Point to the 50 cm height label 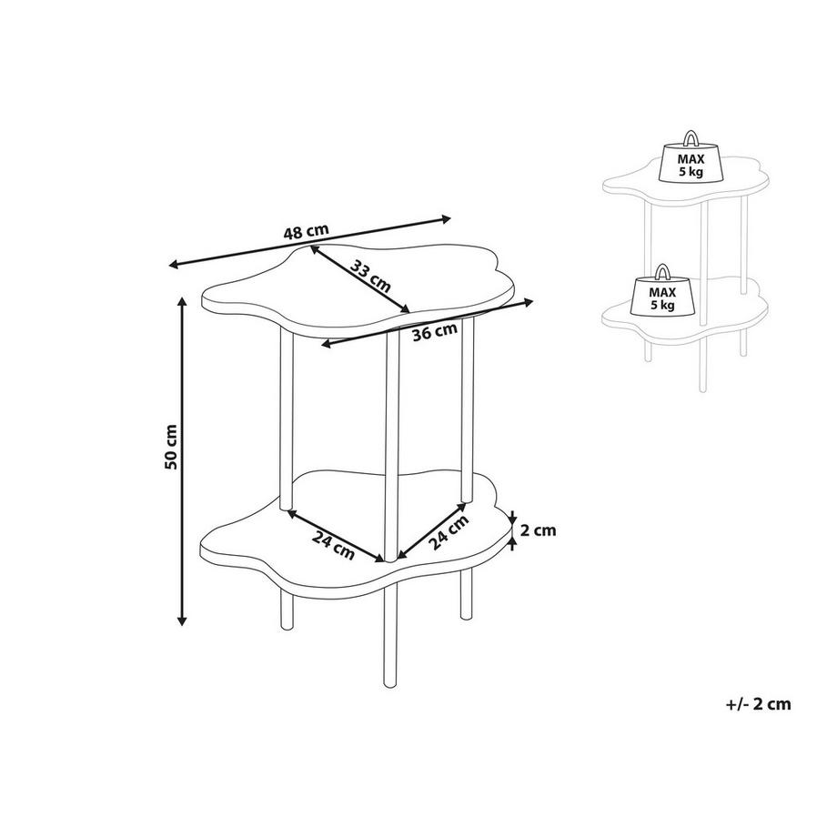coord(170,447)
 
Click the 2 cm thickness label coord(539,529)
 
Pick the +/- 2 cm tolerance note coord(759,703)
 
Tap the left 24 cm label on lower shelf coord(333,542)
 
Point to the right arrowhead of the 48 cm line coord(446,217)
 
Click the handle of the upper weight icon coord(691,139)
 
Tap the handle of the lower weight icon coord(662,272)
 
